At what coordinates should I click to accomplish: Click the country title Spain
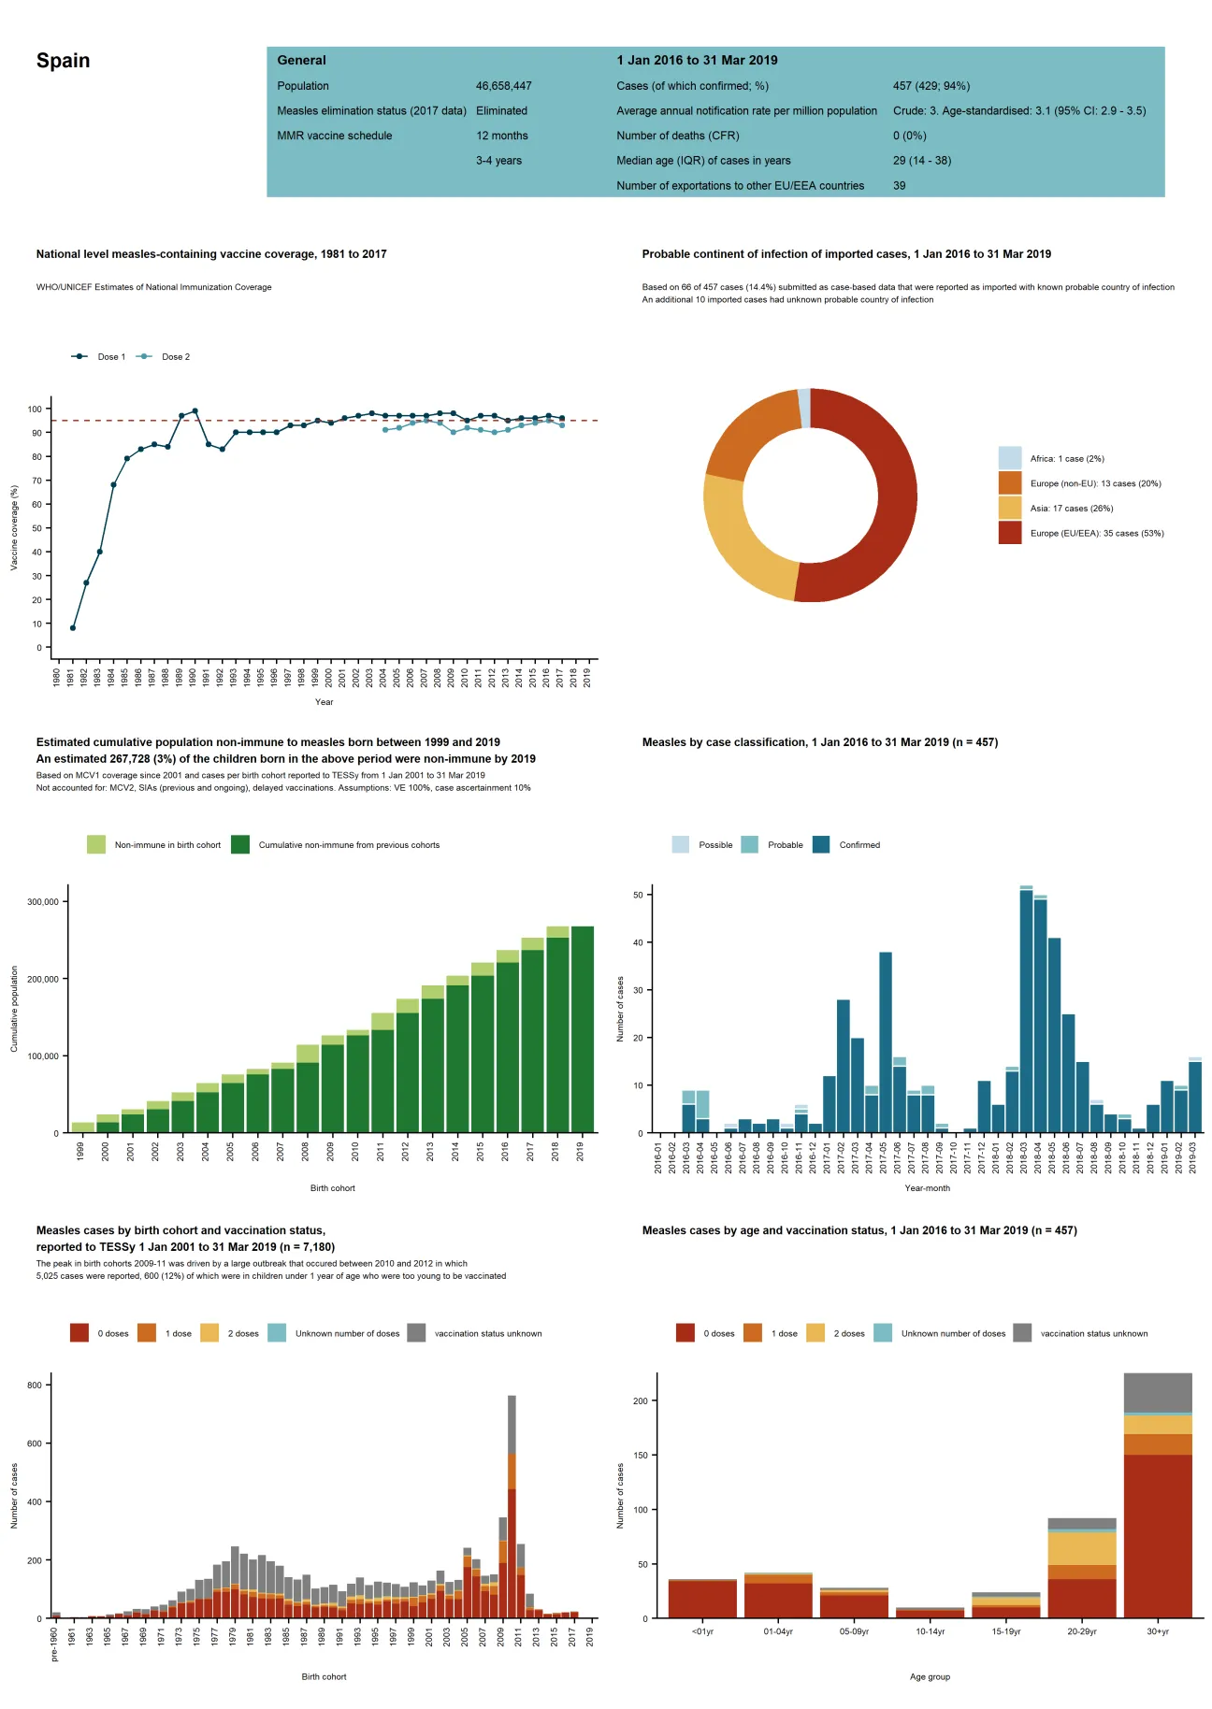[63, 61]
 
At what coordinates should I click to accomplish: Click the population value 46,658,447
[503, 86]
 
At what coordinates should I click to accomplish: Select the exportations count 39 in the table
[899, 186]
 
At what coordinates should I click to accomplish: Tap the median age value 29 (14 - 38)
[921, 161]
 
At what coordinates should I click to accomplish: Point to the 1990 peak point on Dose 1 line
[195, 410]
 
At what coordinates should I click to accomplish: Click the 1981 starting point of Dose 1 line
[73, 627]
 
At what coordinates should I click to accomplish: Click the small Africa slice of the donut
[804, 408]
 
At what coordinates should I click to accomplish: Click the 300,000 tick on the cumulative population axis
[43, 902]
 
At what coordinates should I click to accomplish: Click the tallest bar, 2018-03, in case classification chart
[1026, 1010]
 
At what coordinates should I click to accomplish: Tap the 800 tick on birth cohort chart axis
[35, 1386]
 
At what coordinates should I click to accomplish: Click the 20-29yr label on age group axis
[1081, 1631]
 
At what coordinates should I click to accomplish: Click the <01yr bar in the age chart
[702, 1599]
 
